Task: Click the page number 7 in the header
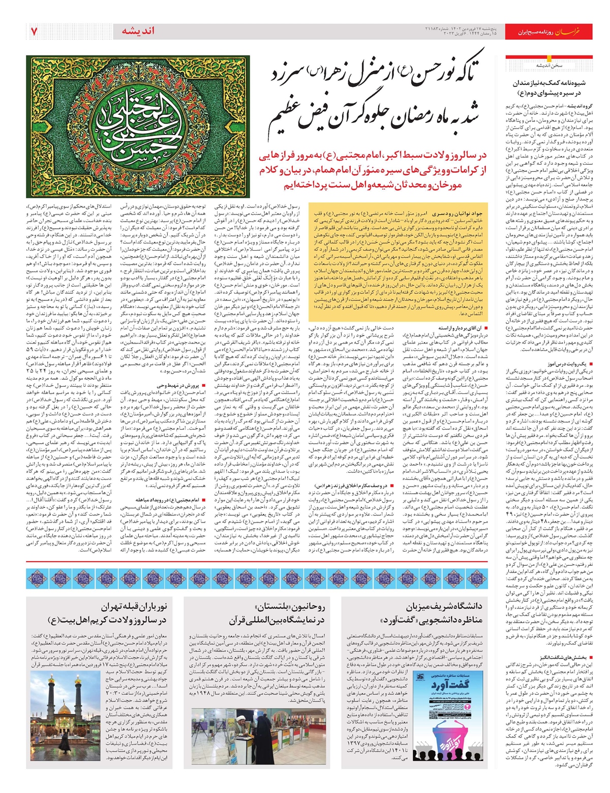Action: [x=35, y=32]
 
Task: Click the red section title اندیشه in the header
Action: [x=138, y=32]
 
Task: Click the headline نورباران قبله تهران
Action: [x=134, y=606]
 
